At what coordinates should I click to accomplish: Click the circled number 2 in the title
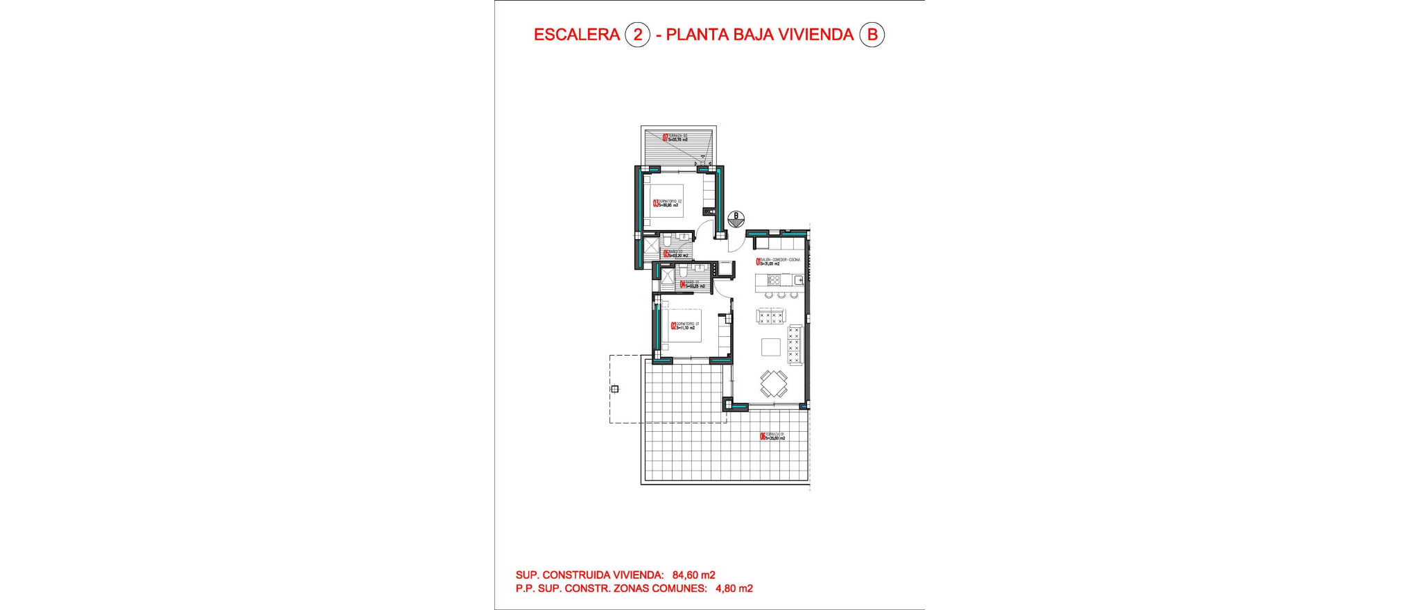(x=637, y=35)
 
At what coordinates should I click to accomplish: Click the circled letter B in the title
(x=872, y=35)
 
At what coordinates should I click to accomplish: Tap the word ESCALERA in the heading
(x=576, y=35)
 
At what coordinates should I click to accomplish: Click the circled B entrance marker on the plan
(x=736, y=219)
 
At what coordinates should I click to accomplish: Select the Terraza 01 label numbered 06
(x=763, y=436)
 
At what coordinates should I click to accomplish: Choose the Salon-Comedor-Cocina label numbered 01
(x=759, y=261)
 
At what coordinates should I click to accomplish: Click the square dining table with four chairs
(x=773, y=383)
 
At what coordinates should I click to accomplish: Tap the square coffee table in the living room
(x=771, y=346)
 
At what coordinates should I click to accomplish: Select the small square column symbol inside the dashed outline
(x=614, y=389)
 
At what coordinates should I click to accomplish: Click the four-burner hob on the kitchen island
(x=773, y=280)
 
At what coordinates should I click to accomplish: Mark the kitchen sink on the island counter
(x=797, y=280)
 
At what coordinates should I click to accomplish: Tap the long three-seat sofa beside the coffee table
(x=795, y=345)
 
